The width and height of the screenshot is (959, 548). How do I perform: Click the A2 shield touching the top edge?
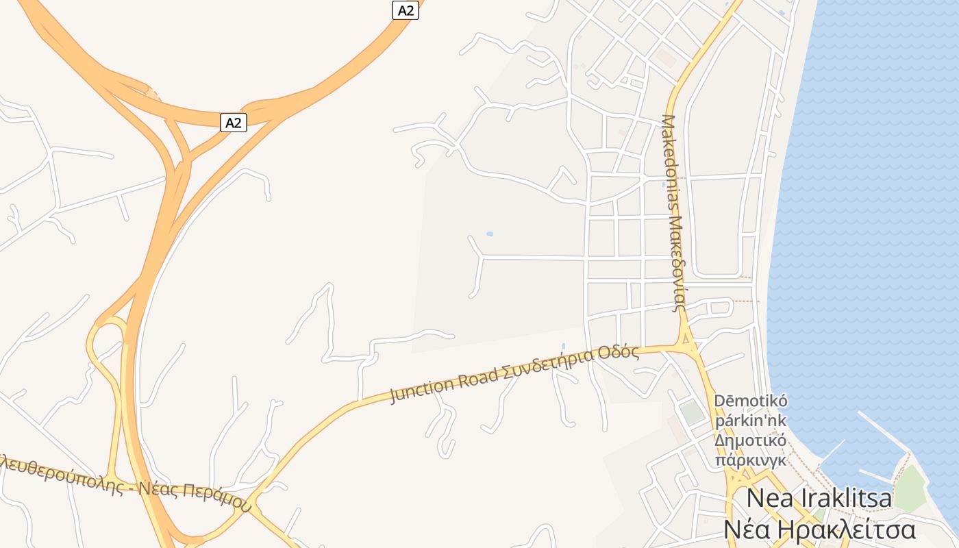tap(405, 10)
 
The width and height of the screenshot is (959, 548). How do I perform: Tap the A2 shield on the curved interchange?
tap(234, 123)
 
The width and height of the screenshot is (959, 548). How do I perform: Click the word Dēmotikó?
tap(751, 401)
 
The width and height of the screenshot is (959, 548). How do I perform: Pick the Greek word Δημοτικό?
tap(751, 440)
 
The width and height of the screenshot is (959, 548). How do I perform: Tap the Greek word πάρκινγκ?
tap(751, 460)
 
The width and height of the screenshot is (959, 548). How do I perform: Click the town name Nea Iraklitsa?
tap(819, 498)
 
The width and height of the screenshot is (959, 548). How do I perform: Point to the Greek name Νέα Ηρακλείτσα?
tap(819, 530)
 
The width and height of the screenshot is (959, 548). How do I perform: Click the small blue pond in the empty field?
tap(489, 234)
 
